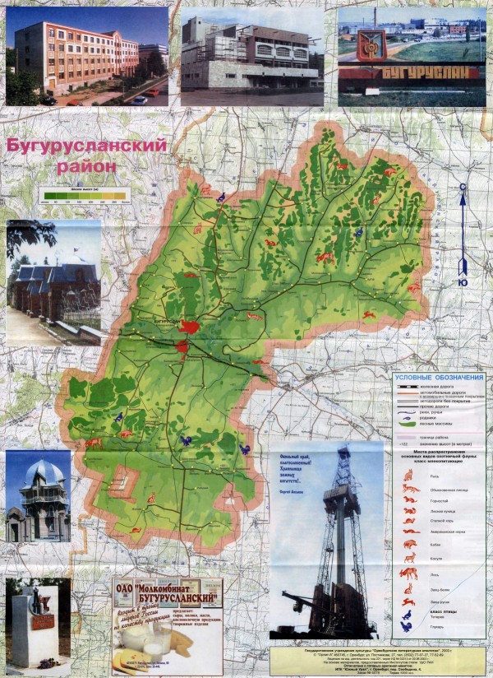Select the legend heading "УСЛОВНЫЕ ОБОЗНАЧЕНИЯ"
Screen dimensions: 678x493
coord(439,377)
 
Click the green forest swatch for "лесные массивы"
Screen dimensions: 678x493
coord(408,424)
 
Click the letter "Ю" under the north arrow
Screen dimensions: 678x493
coord(463,282)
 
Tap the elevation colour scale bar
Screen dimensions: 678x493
coord(85,194)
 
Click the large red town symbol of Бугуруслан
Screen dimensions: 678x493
coord(190,327)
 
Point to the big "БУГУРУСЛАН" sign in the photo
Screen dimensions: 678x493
coord(418,72)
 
